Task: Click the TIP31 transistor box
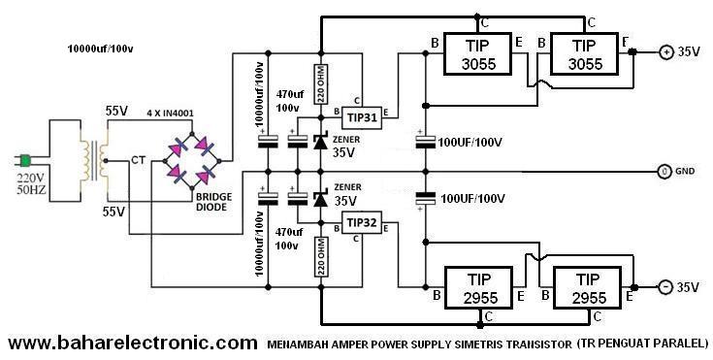pos(362,115)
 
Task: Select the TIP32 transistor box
pos(362,223)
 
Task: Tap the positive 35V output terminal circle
pos(666,51)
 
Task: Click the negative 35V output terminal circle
pos(666,287)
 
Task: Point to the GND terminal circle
pos(664,171)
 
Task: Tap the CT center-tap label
pos(138,159)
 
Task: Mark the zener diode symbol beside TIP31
pos(319,142)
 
